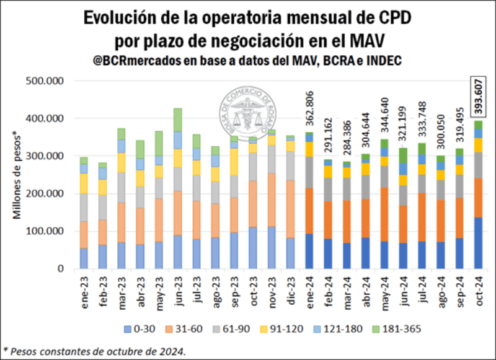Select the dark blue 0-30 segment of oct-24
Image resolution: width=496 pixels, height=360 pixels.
tap(478, 243)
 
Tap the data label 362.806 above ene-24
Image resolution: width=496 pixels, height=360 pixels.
tap(309, 110)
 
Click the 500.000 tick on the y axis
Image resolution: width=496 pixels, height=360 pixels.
tap(45, 81)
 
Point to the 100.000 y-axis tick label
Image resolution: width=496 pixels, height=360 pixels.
tap(45, 231)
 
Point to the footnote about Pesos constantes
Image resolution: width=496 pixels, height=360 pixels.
tap(93, 351)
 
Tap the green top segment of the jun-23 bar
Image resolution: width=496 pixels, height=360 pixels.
tap(178, 120)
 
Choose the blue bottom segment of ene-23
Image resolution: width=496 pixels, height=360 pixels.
tap(84, 258)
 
